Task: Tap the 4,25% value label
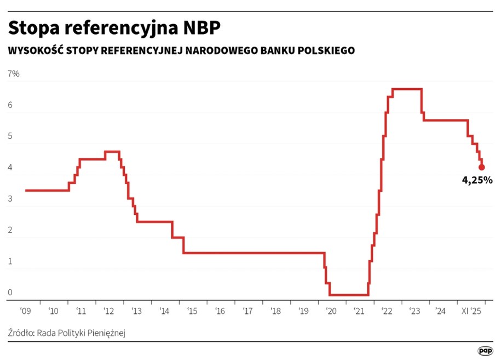[477, 179]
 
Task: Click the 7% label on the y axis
[13, 74]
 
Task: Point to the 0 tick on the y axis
[10, 293]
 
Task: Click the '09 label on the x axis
[25, 311]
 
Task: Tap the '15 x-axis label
[192, 311]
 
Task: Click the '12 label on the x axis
[108, 311]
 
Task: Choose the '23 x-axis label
[414, 311]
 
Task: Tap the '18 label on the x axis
[275, 311]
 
